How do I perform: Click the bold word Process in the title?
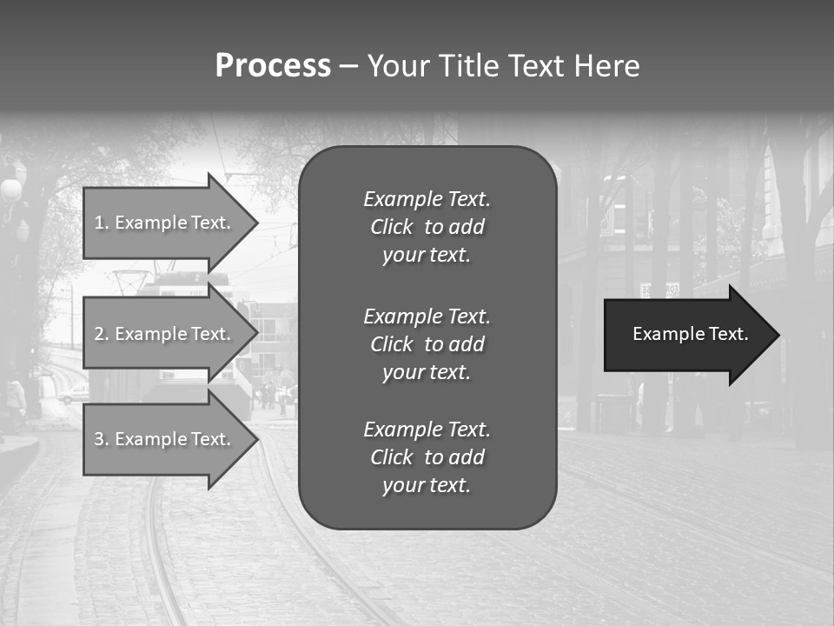(x=273, y=66)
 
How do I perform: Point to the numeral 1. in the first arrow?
(x=102, y=223)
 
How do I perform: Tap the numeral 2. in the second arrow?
(x=102, y=334)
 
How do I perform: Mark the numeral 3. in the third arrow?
(x=102, y=439)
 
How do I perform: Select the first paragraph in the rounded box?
(x=427, y=227)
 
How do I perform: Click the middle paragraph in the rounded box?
(x=427, y=343)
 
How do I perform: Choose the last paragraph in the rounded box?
(x=427, y=457)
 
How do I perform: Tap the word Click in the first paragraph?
(x=392, y=228)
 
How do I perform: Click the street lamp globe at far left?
(x=10, y=190)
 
